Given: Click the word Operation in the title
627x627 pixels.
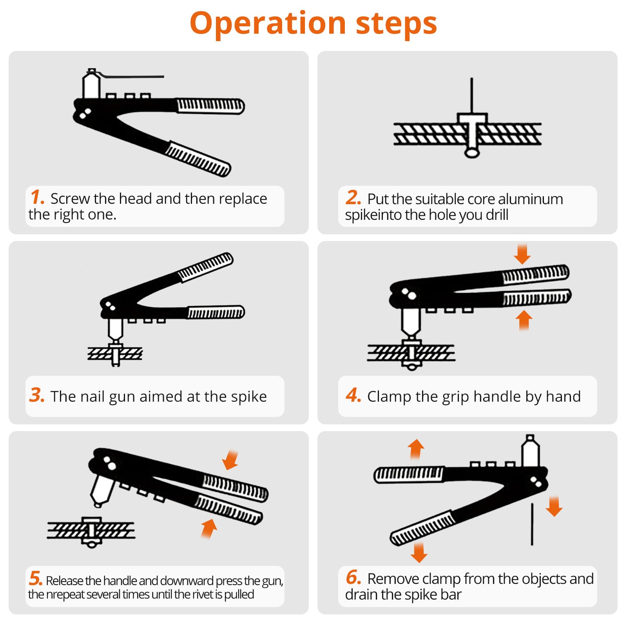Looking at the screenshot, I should pos(268,24).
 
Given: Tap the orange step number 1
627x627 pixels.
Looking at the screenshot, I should pos(37,197).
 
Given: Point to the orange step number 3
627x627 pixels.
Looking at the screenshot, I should pos(37,395).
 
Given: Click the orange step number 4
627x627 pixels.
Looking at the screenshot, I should pos(353,395).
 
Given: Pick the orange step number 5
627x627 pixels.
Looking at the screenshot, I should pos(35,578).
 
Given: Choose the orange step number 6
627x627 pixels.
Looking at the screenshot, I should pos(353,577).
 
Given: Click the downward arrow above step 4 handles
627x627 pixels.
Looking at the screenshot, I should pos(522,254).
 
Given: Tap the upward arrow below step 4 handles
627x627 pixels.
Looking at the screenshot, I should pos(524,320).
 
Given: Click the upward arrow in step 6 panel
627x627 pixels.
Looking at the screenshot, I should pos(416,449).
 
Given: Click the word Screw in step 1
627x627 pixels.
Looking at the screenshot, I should pos(70,199).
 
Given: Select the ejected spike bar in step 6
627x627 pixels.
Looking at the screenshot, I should pos(532,524).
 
